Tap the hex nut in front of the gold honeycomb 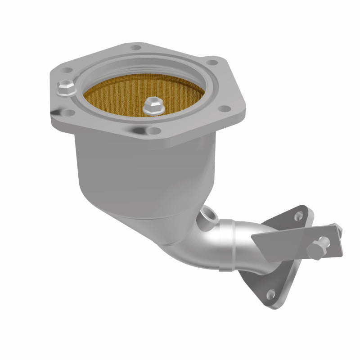(x=151, y=107)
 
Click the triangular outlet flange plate (x=270, y=270)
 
